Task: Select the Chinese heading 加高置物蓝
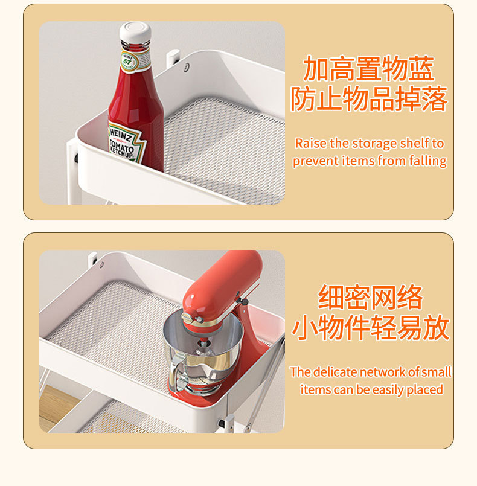369,69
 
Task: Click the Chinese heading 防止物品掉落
369,98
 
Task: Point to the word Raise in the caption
310,144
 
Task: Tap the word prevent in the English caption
315,161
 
